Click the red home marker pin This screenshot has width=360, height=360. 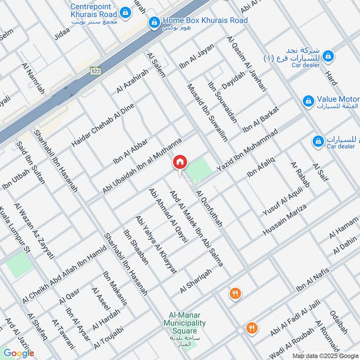coord(180,162)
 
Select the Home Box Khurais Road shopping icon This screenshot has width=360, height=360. coord(154,21)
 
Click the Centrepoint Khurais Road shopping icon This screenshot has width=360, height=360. coord(127,12)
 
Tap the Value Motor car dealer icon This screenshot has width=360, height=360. coord(308,99)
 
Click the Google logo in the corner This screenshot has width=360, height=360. coord(19,353)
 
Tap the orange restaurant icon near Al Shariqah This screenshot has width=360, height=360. coord(234,294)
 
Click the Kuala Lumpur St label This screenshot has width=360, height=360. coord(14,229)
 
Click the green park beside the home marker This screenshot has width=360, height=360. coord(199,169)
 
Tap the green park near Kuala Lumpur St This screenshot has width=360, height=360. coord(19,265)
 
